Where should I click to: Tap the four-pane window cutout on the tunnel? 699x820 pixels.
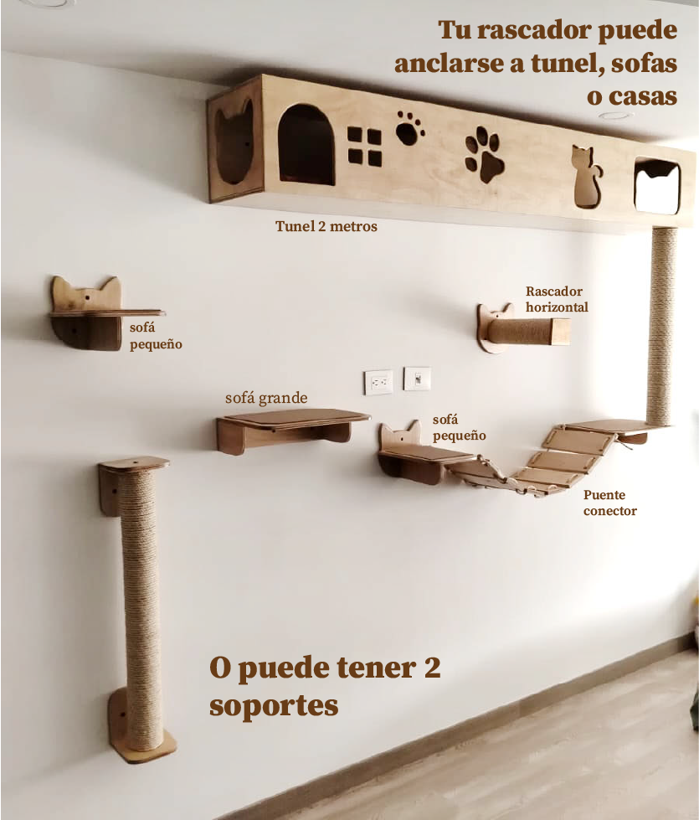pyautogui.click(x=365, y=147)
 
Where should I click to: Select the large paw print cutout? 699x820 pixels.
pyautogui.click(x=485, y=154)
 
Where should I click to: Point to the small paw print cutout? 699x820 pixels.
pyautogui.click(x=409, y=128)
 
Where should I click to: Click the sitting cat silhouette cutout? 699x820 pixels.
pyautogui.click(x=588, y=177)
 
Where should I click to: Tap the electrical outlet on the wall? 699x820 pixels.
pyautogui.click(x=378, y=382)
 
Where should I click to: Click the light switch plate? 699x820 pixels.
pyautogui.click(x=417, y=379)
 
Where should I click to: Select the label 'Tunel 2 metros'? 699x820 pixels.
pyautogui.click(x=326, y=226)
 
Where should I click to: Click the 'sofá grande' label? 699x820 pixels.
pyautogui.click(x=266, y=399)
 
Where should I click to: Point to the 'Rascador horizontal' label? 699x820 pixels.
pyautogui.click(x=557, y=299)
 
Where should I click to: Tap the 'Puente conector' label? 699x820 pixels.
pyautogui.click(x=609, y=503)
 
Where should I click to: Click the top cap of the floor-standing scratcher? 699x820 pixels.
pyautogui.click(x=134, y=464)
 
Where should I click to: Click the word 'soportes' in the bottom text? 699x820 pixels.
pyautogui.click(x=274, y=706)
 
